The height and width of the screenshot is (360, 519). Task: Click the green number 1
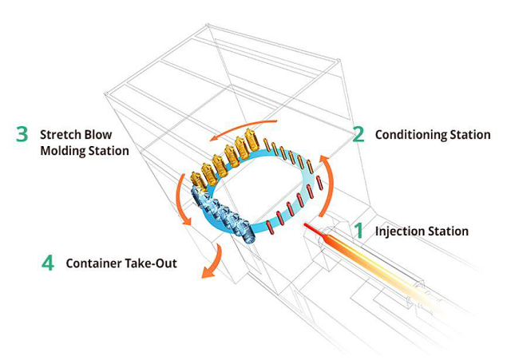click(x=359, y=231)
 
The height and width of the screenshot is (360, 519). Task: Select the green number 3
click(x=22, y=134)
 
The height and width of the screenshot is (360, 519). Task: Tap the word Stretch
click(x=59, y=134)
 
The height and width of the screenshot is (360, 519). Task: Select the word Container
click(x=94, y=263)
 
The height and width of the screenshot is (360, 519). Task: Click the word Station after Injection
click(x=448, y=231)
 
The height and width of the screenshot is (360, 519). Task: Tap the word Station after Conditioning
click(x=470, y=135)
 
